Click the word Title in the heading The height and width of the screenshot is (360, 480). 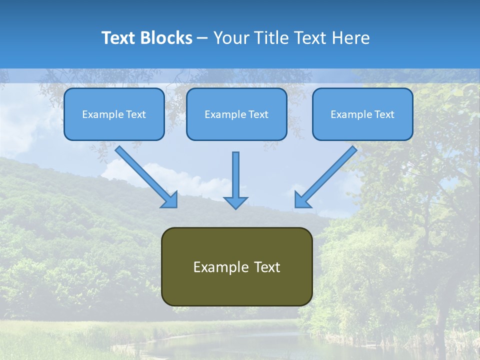269,38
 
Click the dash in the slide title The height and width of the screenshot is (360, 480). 202,38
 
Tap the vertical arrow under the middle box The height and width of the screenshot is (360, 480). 235,175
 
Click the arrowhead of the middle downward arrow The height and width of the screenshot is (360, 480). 235,202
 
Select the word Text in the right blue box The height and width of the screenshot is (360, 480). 384,114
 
